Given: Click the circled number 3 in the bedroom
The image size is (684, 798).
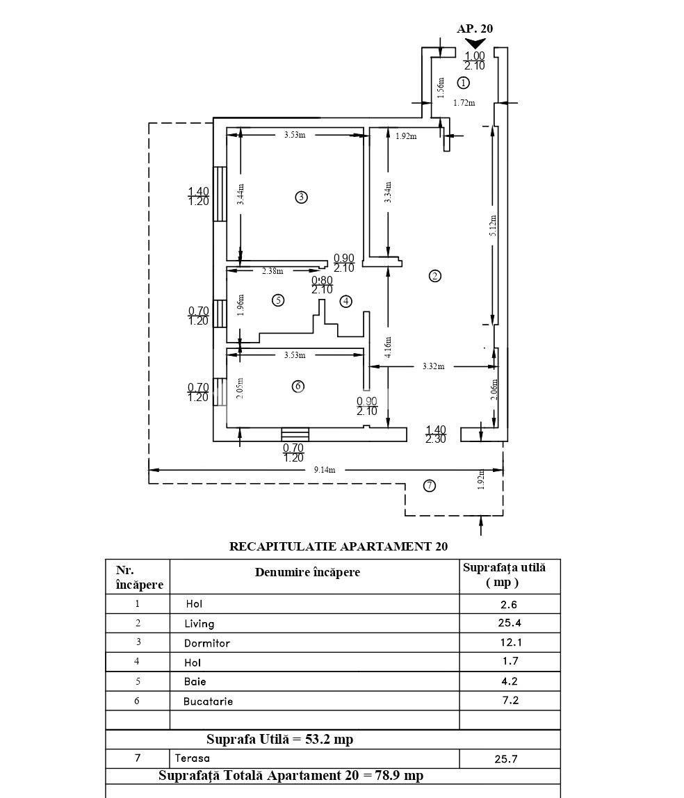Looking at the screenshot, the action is point(301,197).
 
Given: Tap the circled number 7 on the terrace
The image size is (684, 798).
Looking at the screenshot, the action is point(430,485).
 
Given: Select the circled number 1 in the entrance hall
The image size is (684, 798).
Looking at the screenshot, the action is point(463,82).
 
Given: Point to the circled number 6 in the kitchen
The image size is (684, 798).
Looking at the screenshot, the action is point(298,386).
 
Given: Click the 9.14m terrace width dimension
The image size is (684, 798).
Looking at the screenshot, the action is point(325,470).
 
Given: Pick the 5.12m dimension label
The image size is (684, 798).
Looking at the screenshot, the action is point(493,225).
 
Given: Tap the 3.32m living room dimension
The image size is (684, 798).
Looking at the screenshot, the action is point(433,366).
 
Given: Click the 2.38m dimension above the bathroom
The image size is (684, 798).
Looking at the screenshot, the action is point(272,271).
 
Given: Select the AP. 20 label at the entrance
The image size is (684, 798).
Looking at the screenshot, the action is point(475,28).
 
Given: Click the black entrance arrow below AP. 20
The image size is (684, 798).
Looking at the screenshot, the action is point(475,44).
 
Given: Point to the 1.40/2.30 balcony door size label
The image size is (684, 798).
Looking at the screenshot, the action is point(436,434).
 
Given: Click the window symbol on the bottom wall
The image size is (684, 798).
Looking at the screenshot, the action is point(295,434).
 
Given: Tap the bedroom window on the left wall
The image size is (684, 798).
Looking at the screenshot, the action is point(220,194).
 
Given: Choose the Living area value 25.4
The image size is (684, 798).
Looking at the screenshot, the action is point(510,622).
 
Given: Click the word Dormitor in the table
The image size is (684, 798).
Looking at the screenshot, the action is point(207,643).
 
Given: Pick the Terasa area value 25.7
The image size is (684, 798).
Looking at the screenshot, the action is point(506,759).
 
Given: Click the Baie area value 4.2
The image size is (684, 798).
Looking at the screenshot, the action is point(510,681).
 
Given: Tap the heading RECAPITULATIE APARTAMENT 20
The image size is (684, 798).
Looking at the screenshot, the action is point(339,546).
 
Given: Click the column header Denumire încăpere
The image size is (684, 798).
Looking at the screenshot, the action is point(307,572).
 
